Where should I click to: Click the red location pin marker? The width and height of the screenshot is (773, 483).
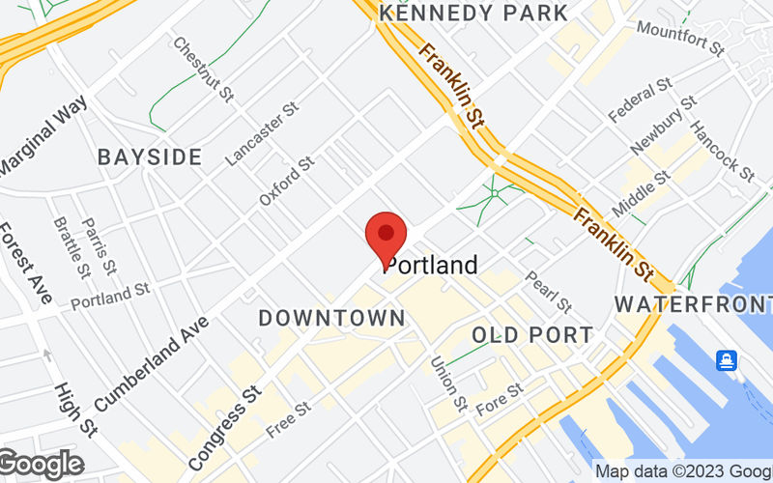pos(386,239)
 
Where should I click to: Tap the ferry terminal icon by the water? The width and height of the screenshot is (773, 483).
pos(726,361)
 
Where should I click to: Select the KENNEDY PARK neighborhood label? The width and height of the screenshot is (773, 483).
pos(474,14)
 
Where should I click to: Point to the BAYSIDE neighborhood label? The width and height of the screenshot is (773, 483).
pos(150,156)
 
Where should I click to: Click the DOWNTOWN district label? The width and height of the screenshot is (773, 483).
pos(331,318)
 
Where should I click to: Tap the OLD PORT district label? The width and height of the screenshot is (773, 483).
pos(532,335)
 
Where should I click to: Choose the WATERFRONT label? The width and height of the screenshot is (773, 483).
pos(693,304)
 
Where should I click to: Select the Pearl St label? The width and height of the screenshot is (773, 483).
pos(548,291)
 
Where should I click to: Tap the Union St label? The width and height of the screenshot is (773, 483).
pos(448,381)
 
